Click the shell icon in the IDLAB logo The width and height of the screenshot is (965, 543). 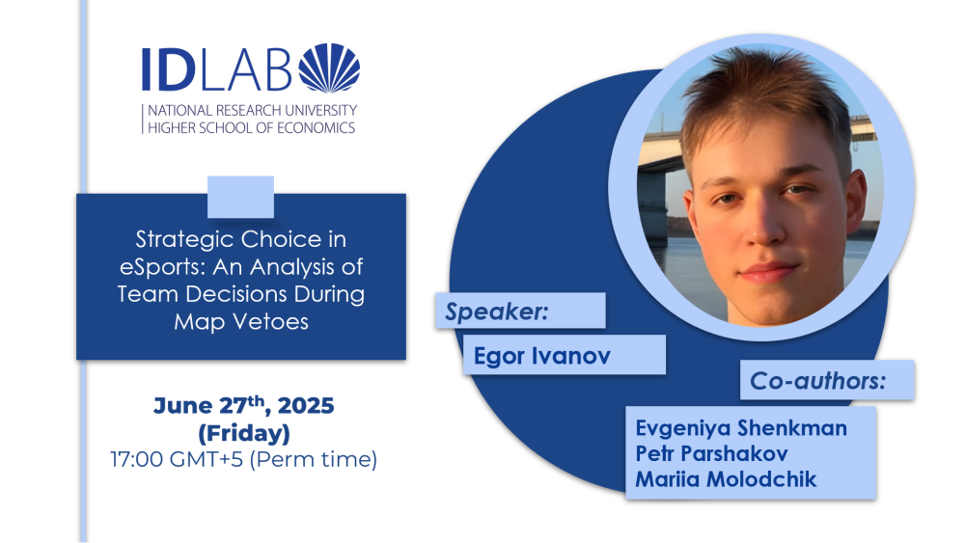pyautogui.click(x=329, y=68)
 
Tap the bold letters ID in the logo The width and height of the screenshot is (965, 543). pyautogui.click(x=168, y=69)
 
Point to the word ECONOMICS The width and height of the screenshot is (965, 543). pyautogui.click(x=316, y=128)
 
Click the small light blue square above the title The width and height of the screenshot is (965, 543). pyautogui.click(x=240, y=197)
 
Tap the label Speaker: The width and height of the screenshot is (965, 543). pyautogui.click(x=496, y=312)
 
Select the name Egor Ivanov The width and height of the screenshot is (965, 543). pyautogui.click(x=542, y=356)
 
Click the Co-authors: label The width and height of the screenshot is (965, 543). pyautogui.click(x=818, y=381)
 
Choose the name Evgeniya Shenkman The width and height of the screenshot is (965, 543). pyautogui.click(x=741, y=428)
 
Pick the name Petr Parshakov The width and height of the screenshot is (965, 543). pyautogui.click(x=711, y=454)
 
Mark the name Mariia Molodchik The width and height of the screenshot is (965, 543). pyautogui.click(x=726, y=479)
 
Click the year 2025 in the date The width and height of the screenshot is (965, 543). pyautogui.click(x=306, y=406)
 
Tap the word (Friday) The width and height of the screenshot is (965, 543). pyautogui.click(x=244, y=434)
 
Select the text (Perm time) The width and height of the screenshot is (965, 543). pyautogui.click(x=314, y=459)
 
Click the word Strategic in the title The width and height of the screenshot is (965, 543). pyautogui.click(x=183, y=240)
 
